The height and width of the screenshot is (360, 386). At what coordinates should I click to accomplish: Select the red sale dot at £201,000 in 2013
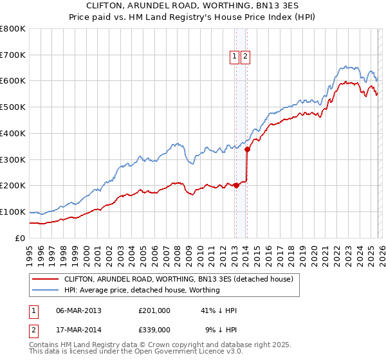pyautogui.click(x=235, y=185)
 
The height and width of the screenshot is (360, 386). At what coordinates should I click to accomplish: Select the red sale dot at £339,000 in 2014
pyautogui.click(x=247, y=148)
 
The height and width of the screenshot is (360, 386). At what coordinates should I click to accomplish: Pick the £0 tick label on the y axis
pyautogui.click(x=21, y=238)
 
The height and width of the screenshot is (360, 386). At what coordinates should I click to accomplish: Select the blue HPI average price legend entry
pyautogui.click(x=142, y=290)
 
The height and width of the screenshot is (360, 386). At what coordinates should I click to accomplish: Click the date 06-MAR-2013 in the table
pyautogui.click(x=78, y=310)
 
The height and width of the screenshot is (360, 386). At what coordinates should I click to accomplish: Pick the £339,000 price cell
pyautogui.click(x=154, y=329)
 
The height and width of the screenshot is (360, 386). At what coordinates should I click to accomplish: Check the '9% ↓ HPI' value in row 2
pyautogui.click(x=221, y=329)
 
